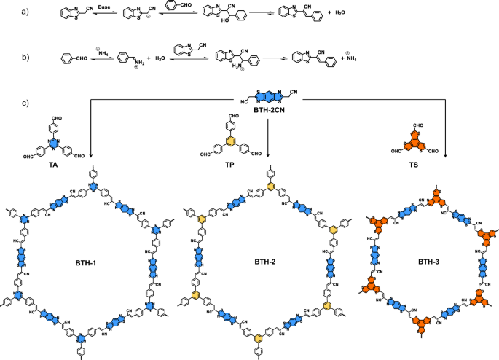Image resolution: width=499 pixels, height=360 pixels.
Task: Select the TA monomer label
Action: [x=55, y=166]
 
